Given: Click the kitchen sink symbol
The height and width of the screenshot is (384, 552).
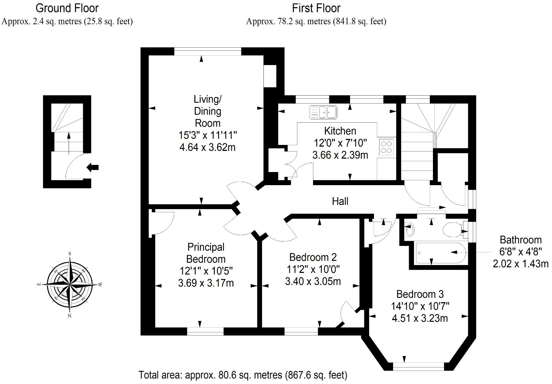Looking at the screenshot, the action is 323,112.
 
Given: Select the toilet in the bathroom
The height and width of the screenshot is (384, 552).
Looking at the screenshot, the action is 453,230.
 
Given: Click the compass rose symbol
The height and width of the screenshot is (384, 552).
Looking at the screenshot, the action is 69,284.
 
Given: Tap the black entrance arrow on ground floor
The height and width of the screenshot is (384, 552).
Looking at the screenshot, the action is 93,167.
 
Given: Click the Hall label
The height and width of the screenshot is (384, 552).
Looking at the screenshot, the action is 340,201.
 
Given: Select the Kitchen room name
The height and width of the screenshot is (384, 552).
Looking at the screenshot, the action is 340,131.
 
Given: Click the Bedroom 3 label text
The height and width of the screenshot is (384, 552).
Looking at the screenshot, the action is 420,294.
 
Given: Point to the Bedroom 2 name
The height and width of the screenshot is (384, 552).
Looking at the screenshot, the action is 313,257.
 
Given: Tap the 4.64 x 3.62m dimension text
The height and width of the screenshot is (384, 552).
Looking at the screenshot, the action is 207,147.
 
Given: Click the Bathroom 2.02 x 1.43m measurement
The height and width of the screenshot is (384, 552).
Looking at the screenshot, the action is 520,264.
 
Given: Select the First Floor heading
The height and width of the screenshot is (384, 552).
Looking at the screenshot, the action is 316,8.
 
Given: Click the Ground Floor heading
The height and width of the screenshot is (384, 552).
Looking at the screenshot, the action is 67,8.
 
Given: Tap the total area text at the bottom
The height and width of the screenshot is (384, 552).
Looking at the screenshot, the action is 243,375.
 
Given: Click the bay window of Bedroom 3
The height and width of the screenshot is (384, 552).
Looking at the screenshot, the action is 418,366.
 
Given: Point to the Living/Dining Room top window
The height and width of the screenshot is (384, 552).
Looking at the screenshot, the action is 207,52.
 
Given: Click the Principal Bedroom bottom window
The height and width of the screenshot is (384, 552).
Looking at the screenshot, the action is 205,331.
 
